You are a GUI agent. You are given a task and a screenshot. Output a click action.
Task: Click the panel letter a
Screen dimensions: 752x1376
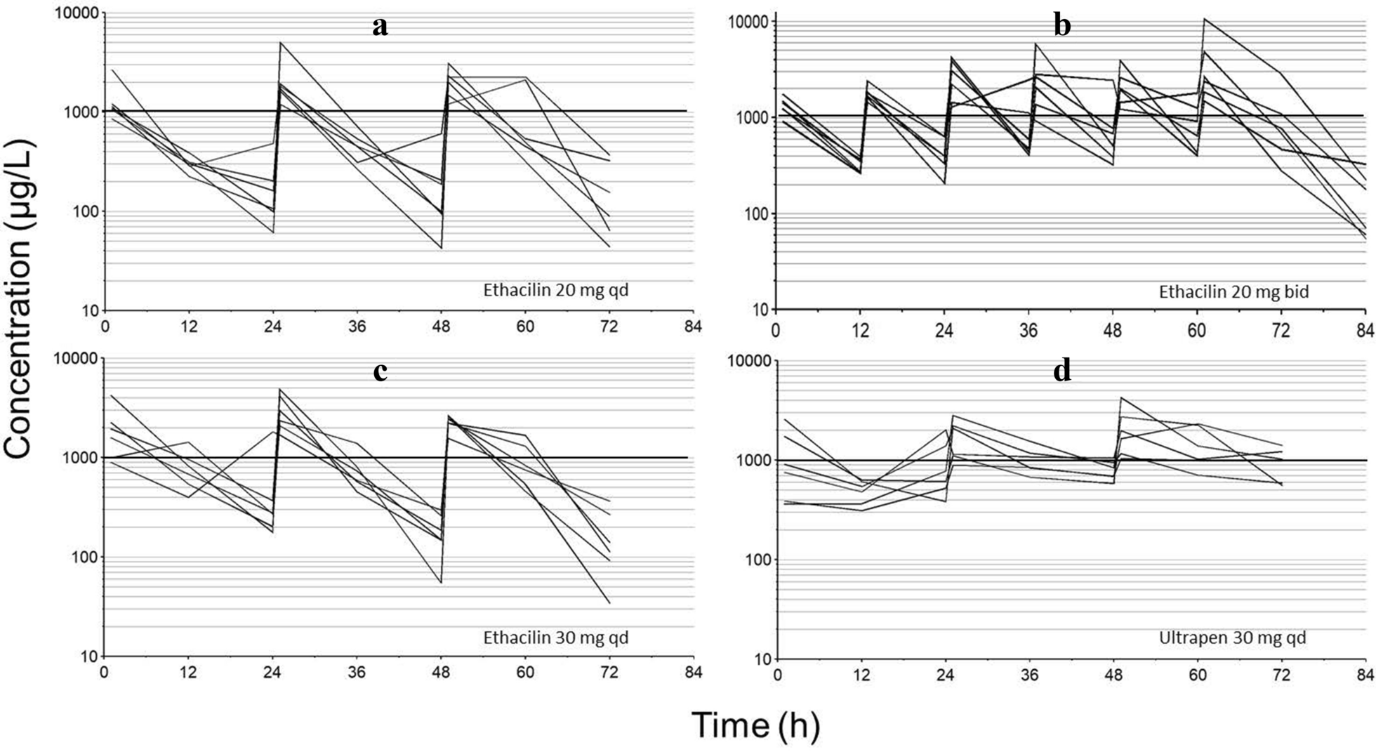point(380,27)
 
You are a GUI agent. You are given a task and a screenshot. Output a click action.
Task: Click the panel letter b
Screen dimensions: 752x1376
point(1062,26)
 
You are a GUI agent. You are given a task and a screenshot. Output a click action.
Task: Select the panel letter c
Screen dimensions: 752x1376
point(380,371)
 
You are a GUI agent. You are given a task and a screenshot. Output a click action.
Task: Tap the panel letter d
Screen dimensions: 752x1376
point(1062,371)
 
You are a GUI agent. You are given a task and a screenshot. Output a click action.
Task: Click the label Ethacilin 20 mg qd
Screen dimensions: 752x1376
point(555,290)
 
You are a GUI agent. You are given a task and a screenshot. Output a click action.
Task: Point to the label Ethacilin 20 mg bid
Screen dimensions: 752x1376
point(1233,291)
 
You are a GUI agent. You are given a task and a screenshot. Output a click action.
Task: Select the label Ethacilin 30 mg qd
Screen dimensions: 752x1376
point(555,638)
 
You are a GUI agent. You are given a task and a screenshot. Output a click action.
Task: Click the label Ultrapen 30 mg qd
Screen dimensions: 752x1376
point(1232,638)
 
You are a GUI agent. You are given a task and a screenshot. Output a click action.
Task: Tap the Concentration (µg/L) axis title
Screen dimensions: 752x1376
point(19,299)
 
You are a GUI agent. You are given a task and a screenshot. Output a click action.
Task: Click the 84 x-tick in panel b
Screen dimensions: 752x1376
point(1365,329)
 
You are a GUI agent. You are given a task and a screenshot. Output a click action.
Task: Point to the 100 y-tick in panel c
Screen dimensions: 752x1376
point(84,558)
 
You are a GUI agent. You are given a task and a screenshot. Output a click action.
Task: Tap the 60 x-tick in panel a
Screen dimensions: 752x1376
point(525,327)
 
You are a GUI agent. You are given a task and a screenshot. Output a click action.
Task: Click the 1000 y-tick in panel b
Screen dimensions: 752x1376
point(752,117)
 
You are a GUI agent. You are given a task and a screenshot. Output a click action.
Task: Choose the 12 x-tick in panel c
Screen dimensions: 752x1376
point(188,673)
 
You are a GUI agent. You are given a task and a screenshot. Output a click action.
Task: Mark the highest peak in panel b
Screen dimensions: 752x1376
point(1204,19)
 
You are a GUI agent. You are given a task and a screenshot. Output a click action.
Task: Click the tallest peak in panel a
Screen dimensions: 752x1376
point(280,42)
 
